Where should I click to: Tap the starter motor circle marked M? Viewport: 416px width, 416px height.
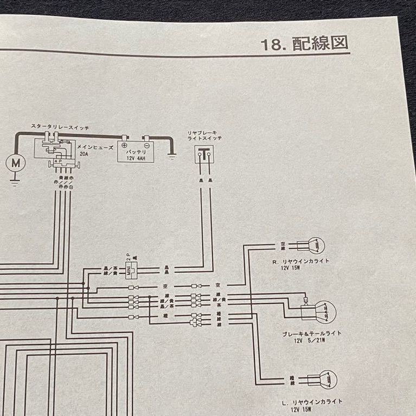[x=15, y=162]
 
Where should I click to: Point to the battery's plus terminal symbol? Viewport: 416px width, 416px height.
[x=125, y=145]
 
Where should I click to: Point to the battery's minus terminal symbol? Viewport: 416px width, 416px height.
[x=146, y=145]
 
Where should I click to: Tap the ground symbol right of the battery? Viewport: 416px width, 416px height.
[x=172, y=158]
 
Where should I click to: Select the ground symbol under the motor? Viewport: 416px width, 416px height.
[x=15, y=182]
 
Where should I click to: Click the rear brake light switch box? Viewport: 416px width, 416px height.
[x=203, y=155]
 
